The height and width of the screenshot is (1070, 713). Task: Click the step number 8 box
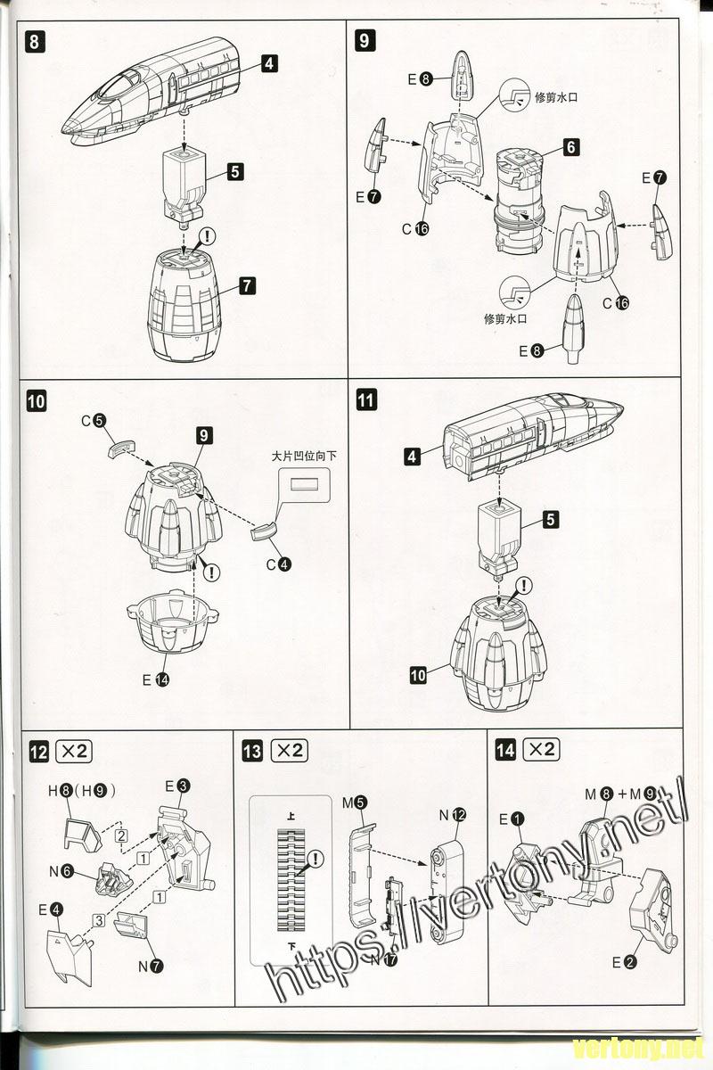pyautogui.click(x=35, y=40)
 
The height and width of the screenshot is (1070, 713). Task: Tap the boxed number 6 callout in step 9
pyautogui.click(x=571, y=147)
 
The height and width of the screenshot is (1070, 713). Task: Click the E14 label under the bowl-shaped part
pyautogui.click(x=156, y=679)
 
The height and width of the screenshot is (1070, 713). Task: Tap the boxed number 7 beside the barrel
pyautogui.click(x=247, y=286)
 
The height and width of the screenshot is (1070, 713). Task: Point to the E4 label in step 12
pyautogui.click(x=51, y=909)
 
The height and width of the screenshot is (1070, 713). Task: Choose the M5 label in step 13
pyautogui.click(x=354, y=802)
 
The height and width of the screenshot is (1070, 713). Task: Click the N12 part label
pyautogui.click(x=452, y=814)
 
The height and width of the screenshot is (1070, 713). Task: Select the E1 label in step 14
pyautogui.click(x=510, y=818)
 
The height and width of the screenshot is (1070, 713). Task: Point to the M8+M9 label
pyautogui.click(x=620, y=793)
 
